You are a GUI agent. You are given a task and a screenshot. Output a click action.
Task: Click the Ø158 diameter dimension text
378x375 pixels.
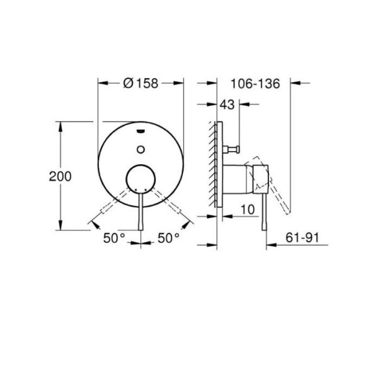(x=140, y=82)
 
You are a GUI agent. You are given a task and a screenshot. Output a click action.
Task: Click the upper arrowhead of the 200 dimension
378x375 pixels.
(x=60, y=125)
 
